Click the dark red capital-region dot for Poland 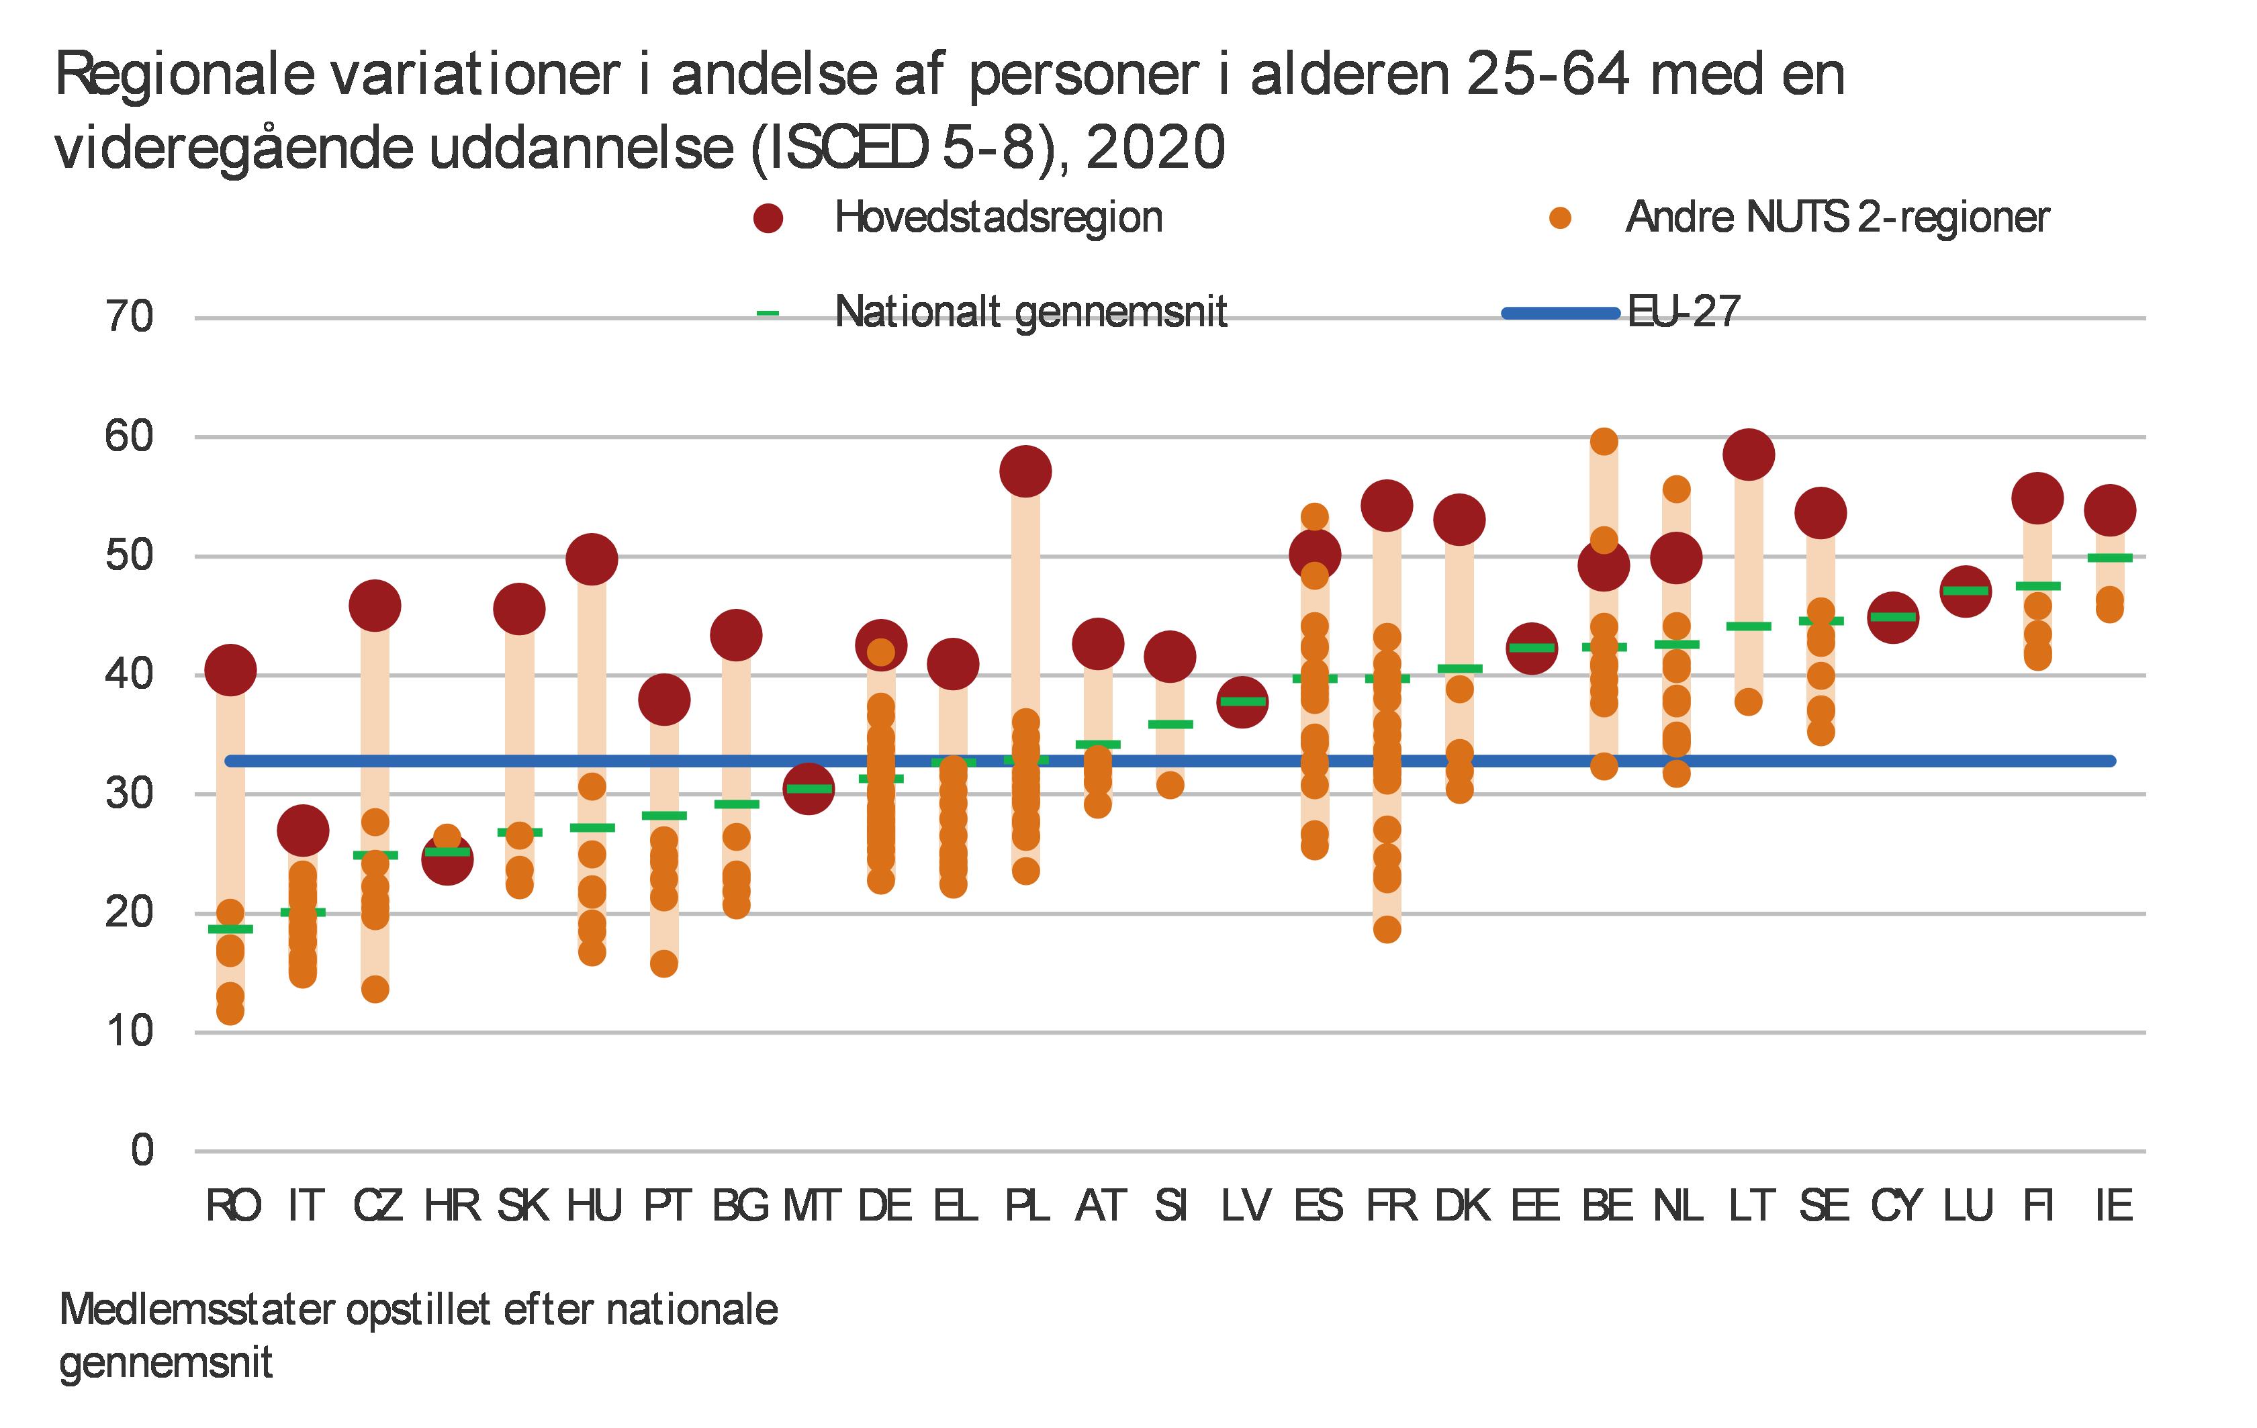(1025, 471)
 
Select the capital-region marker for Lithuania (1748, 455)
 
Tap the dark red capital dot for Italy (303, 830)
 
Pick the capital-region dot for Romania (230, 670)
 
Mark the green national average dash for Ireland (2110, 557)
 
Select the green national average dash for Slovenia (1170, 723)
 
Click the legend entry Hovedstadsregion (998, 218)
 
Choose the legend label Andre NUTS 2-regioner (1837, 218)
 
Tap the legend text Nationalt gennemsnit (1030, 312)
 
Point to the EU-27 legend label (1684, 312)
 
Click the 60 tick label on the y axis (130, 436)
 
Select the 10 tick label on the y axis (130, 1032)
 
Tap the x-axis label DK (1462, 1205)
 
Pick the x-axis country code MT (811, 1205)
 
